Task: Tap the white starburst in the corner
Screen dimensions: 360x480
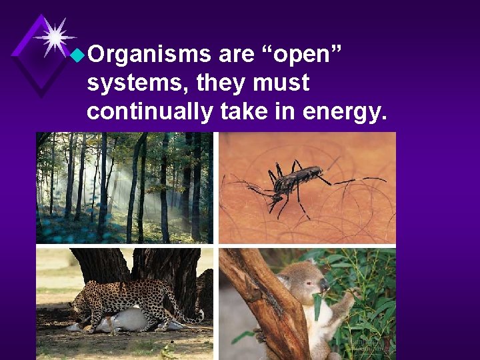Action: pos(55,36)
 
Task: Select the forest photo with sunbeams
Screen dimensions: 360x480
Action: pos(125,187)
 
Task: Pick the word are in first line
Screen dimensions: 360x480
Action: pos(237,55)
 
